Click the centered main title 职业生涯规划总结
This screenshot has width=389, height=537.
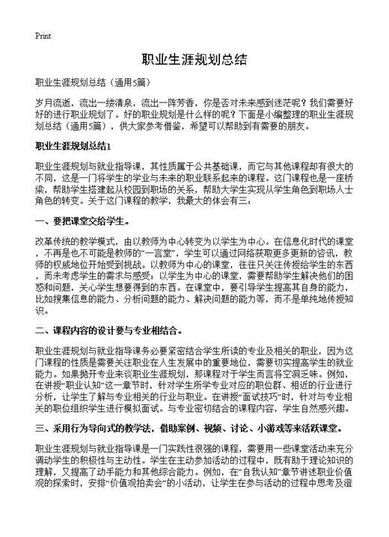(x=194, y=59)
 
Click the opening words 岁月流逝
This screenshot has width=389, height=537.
(x=53, y=101)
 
